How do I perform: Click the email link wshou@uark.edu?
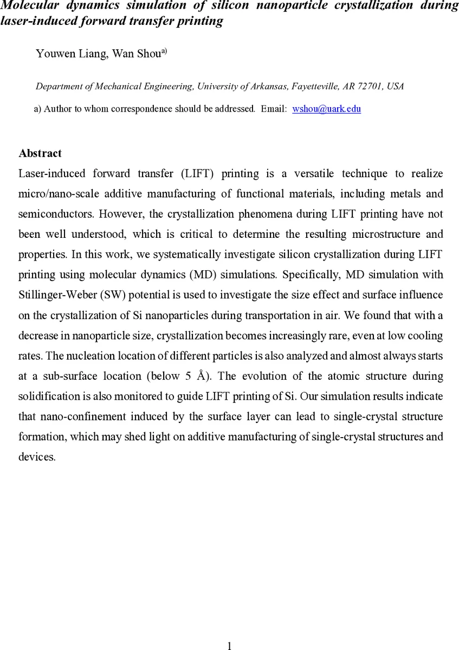click(326, 109)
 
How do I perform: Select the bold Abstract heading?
click(40, 153)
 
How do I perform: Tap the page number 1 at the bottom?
click(230, 645)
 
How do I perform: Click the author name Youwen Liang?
click(70, 54)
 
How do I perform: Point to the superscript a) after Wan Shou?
click(163, 52)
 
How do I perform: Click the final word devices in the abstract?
click(36, 457)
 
